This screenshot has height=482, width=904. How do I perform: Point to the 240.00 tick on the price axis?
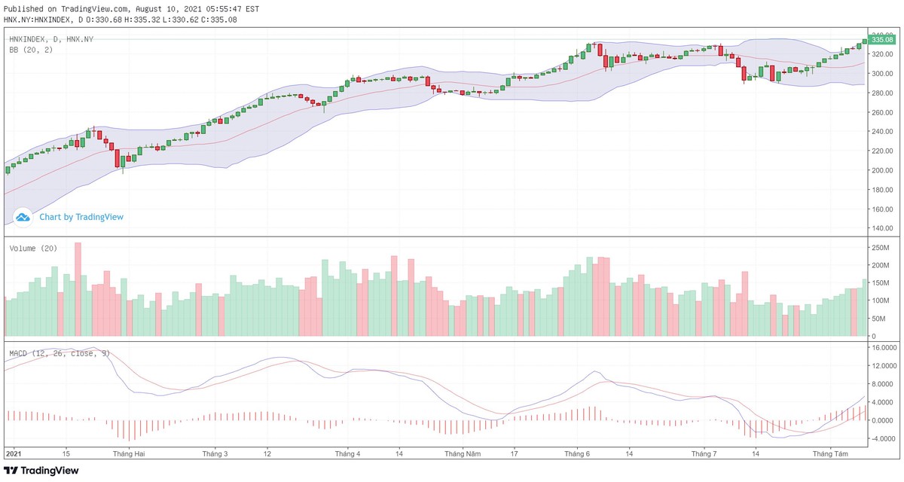881,132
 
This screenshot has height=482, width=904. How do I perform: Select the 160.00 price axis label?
881,209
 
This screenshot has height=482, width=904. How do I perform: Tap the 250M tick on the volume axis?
881,248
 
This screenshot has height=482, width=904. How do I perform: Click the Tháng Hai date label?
128,454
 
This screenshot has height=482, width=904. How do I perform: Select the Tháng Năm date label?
463,454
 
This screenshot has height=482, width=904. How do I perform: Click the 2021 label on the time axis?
14,454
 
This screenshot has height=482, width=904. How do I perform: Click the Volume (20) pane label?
33,249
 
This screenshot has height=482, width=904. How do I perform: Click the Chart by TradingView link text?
81,217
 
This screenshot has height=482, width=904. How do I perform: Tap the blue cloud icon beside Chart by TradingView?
23,217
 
